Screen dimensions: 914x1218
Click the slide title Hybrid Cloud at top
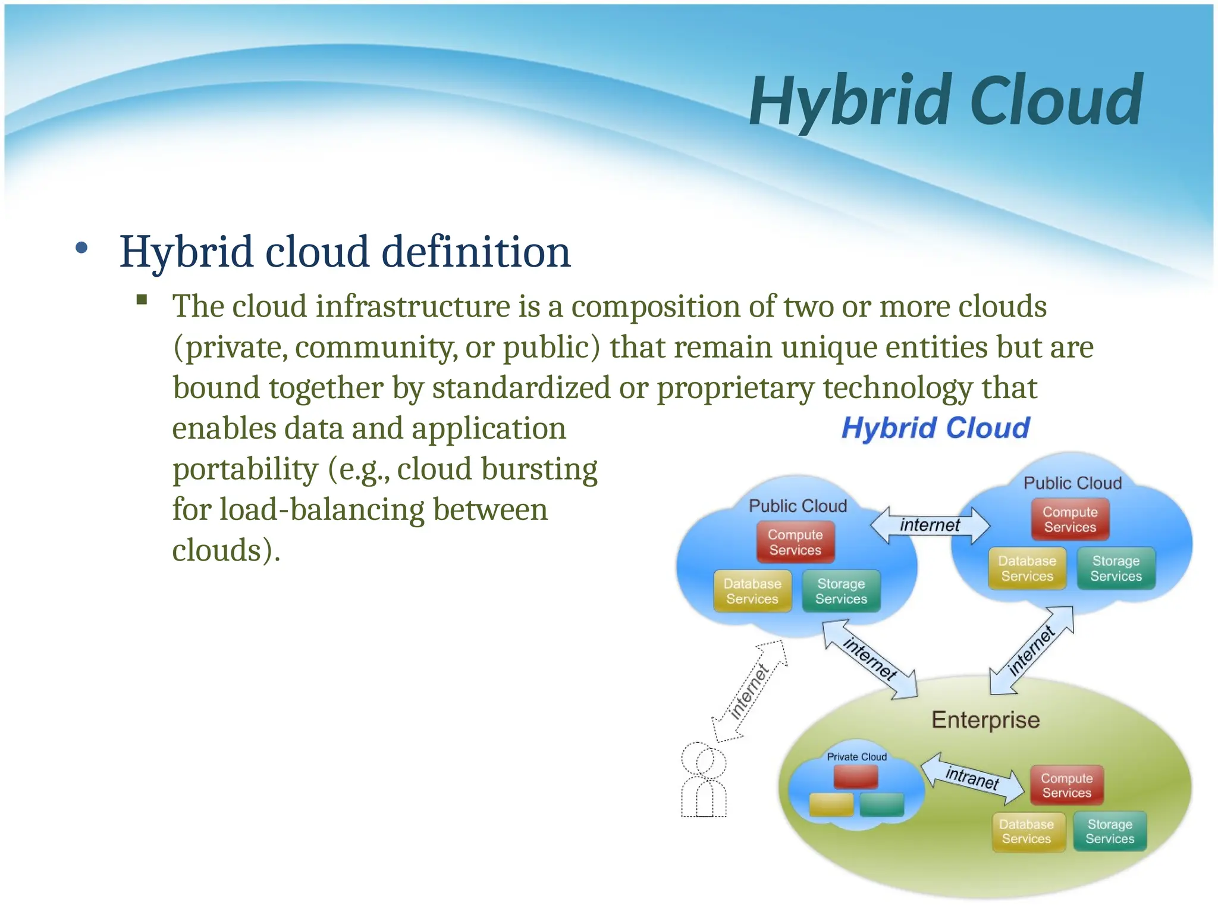click(x=946, y=101)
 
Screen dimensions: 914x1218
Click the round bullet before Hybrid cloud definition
click(x=82, y=248)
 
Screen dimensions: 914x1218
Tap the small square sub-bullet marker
click(x=142, y=299)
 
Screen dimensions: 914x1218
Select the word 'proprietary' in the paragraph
click(x=735, y=388)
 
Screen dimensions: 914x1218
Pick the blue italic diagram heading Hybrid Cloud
click(x=936, y=428)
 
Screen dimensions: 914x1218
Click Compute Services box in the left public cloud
click(x=795, y=542)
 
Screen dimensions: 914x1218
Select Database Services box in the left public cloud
click(x=752, y=591)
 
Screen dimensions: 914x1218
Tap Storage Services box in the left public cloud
click(x=841, y=591)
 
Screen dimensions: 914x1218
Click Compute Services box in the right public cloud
click(x=1070, y=519)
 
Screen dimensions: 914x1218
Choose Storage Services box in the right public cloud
click(x=1116, y=568)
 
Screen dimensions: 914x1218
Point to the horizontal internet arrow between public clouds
click(x=930, y=525)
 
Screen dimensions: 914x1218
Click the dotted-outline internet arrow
click(x=750, y=691)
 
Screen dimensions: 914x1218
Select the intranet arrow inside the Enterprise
click(x=972, y=777)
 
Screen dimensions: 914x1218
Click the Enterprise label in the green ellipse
click(x=985, y=720)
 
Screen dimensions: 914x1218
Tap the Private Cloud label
click(x=856, y=757)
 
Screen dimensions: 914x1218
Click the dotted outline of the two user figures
click(x=704, y=780)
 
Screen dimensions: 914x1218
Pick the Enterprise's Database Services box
click(x=1026, y=831)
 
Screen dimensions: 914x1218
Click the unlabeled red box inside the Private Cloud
click(x=856, y=777)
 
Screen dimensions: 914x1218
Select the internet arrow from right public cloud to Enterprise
click(x=1032, y=650)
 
